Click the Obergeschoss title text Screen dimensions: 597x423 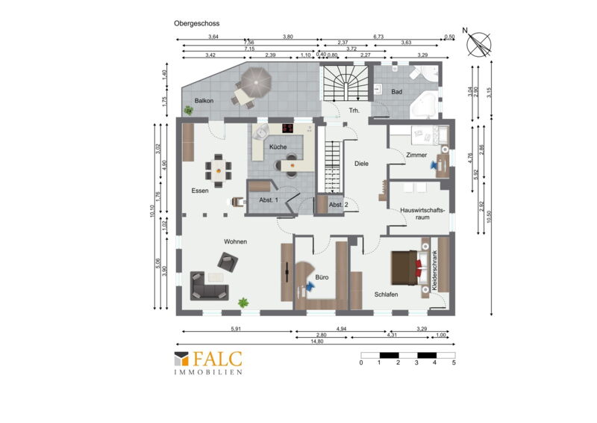(196, 23)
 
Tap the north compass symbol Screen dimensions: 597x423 (479, 44)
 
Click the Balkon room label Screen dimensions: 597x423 (204, 101)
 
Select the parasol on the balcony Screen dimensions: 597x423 (256, 81)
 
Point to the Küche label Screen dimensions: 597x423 (278, 146)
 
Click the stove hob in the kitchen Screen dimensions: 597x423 (288, 128)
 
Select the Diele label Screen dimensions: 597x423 (361, 164)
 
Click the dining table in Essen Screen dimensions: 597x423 (218, 170)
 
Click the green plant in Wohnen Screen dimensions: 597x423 (243, 303)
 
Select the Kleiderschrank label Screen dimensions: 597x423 (434, 271)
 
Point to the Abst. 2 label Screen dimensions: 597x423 (339, 205)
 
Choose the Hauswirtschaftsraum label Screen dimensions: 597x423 (422, 214)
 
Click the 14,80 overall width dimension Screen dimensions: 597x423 (316, 342)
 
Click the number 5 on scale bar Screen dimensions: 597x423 (454, 362)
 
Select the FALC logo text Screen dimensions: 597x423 (217, 359)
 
